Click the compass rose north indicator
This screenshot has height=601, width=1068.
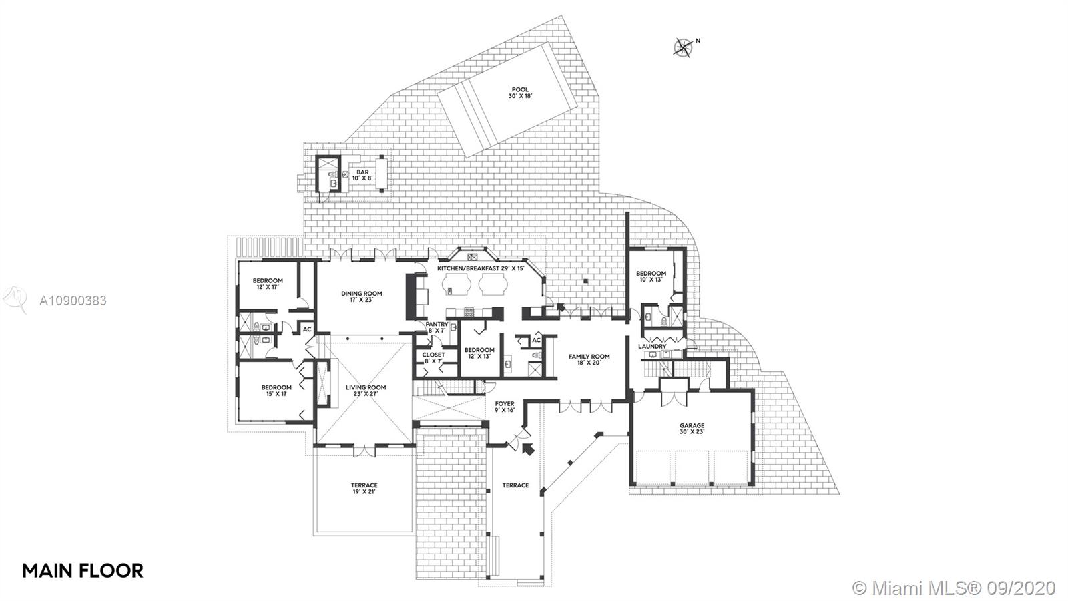tap(684, 47)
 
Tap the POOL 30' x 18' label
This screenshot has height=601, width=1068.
tap(520, 93)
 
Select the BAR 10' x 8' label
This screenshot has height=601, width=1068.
tap(362, 175)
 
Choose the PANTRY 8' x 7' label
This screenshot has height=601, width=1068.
tap(437, 327)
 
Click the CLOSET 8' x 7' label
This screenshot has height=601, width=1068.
tap(433, 358)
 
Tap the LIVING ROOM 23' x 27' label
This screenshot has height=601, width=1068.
tap(366, 391)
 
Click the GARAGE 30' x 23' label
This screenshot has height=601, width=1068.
tap(692, 428)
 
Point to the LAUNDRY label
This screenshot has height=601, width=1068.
tap(652, 347)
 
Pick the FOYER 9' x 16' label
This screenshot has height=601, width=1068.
tap(504, 407)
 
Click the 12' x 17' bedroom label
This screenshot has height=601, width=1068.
tap(268, 284)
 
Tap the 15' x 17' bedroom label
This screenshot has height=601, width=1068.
tap(276, 390)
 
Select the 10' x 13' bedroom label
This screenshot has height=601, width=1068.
tap(651, 276)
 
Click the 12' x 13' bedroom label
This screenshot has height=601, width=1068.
tap(479, 353)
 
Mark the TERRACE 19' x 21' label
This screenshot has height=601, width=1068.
tap(364, 488)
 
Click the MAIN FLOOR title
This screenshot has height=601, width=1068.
tap(83, 570)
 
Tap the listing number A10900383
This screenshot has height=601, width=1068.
tap(73, 300)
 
